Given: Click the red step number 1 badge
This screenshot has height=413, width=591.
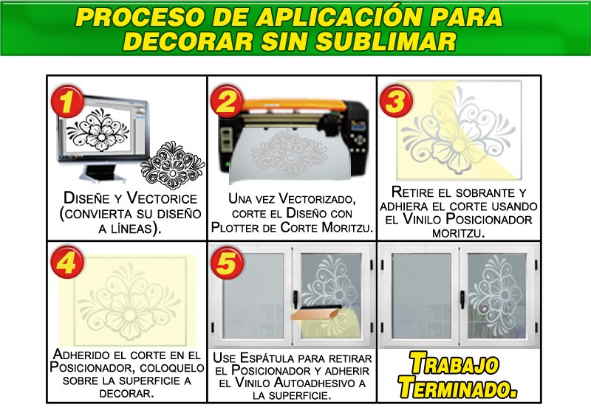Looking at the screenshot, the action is click(x=67, y=101).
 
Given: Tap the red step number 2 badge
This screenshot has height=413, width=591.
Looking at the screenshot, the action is click(x=227, y=101).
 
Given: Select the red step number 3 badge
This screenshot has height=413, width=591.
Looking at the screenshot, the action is click(x=396, y=101).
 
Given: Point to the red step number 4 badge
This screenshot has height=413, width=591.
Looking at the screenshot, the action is click(x=67, y=262).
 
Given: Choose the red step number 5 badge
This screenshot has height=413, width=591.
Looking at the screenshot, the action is click(x=227, y=263).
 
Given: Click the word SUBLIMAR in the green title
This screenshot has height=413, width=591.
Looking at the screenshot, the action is click(x=386, y=41).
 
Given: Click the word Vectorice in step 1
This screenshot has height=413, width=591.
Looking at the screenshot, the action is click(x=162, y=198).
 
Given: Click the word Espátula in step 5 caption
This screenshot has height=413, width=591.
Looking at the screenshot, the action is click(x=269, y=358).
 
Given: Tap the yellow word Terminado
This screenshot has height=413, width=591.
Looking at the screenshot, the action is click(x=457, y=387).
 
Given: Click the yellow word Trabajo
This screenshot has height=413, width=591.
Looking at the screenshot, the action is click(x=454, y=364).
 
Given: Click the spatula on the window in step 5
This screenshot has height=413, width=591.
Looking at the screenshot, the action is click(x=315, y=313).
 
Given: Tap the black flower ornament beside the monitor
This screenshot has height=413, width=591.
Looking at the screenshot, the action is click(x=173, y=165).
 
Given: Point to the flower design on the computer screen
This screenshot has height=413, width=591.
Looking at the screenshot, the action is click(x=98, y=130).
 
